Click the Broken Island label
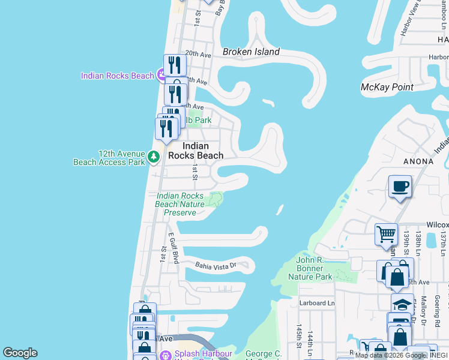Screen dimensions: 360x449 (x=251, y=52)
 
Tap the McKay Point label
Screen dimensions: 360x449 (x=387, y=87)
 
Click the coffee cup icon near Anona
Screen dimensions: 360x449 (x=400, y=187)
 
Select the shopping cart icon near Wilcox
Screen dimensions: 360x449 (x=386, y=234)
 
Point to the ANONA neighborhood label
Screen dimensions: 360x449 (x=418, y=161)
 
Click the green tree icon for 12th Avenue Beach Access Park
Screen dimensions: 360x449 (x=154, y=157)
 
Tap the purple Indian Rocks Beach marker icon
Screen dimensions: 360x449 (x=161, y=75)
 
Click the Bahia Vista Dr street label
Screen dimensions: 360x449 (x=216, y=265)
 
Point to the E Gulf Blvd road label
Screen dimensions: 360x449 (x=174, y=248)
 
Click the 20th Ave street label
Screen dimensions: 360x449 (x=198, y=53)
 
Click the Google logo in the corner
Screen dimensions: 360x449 (x=20, y=353)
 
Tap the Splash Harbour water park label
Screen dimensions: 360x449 (x=203, y=354)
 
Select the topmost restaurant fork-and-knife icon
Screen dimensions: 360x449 (x=175, y=64)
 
